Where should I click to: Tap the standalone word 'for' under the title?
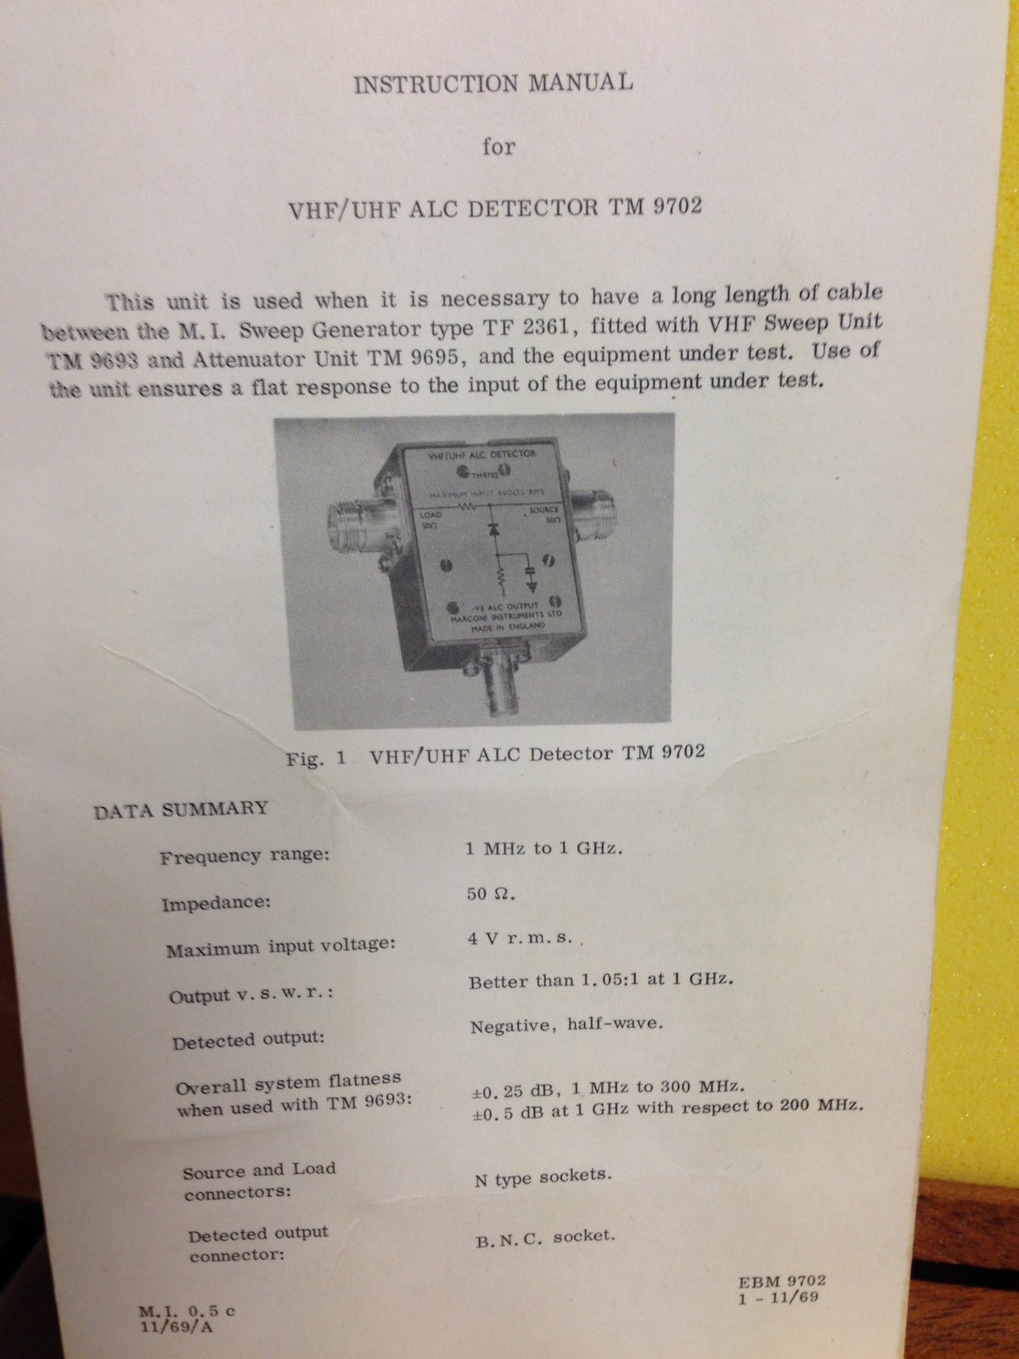click(498, 147)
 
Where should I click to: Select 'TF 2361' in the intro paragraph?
click(513, 327)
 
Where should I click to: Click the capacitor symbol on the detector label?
click(530, 572)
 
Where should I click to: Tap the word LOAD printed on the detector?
click(431, 515)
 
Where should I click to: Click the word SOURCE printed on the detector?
click(544, 510)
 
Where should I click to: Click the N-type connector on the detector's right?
click(594, 508)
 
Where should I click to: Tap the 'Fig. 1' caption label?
click(316, 758)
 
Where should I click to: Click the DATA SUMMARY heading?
click(181, 809)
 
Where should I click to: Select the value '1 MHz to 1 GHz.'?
click(543, 849)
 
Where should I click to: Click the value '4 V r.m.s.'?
click(521, 939)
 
